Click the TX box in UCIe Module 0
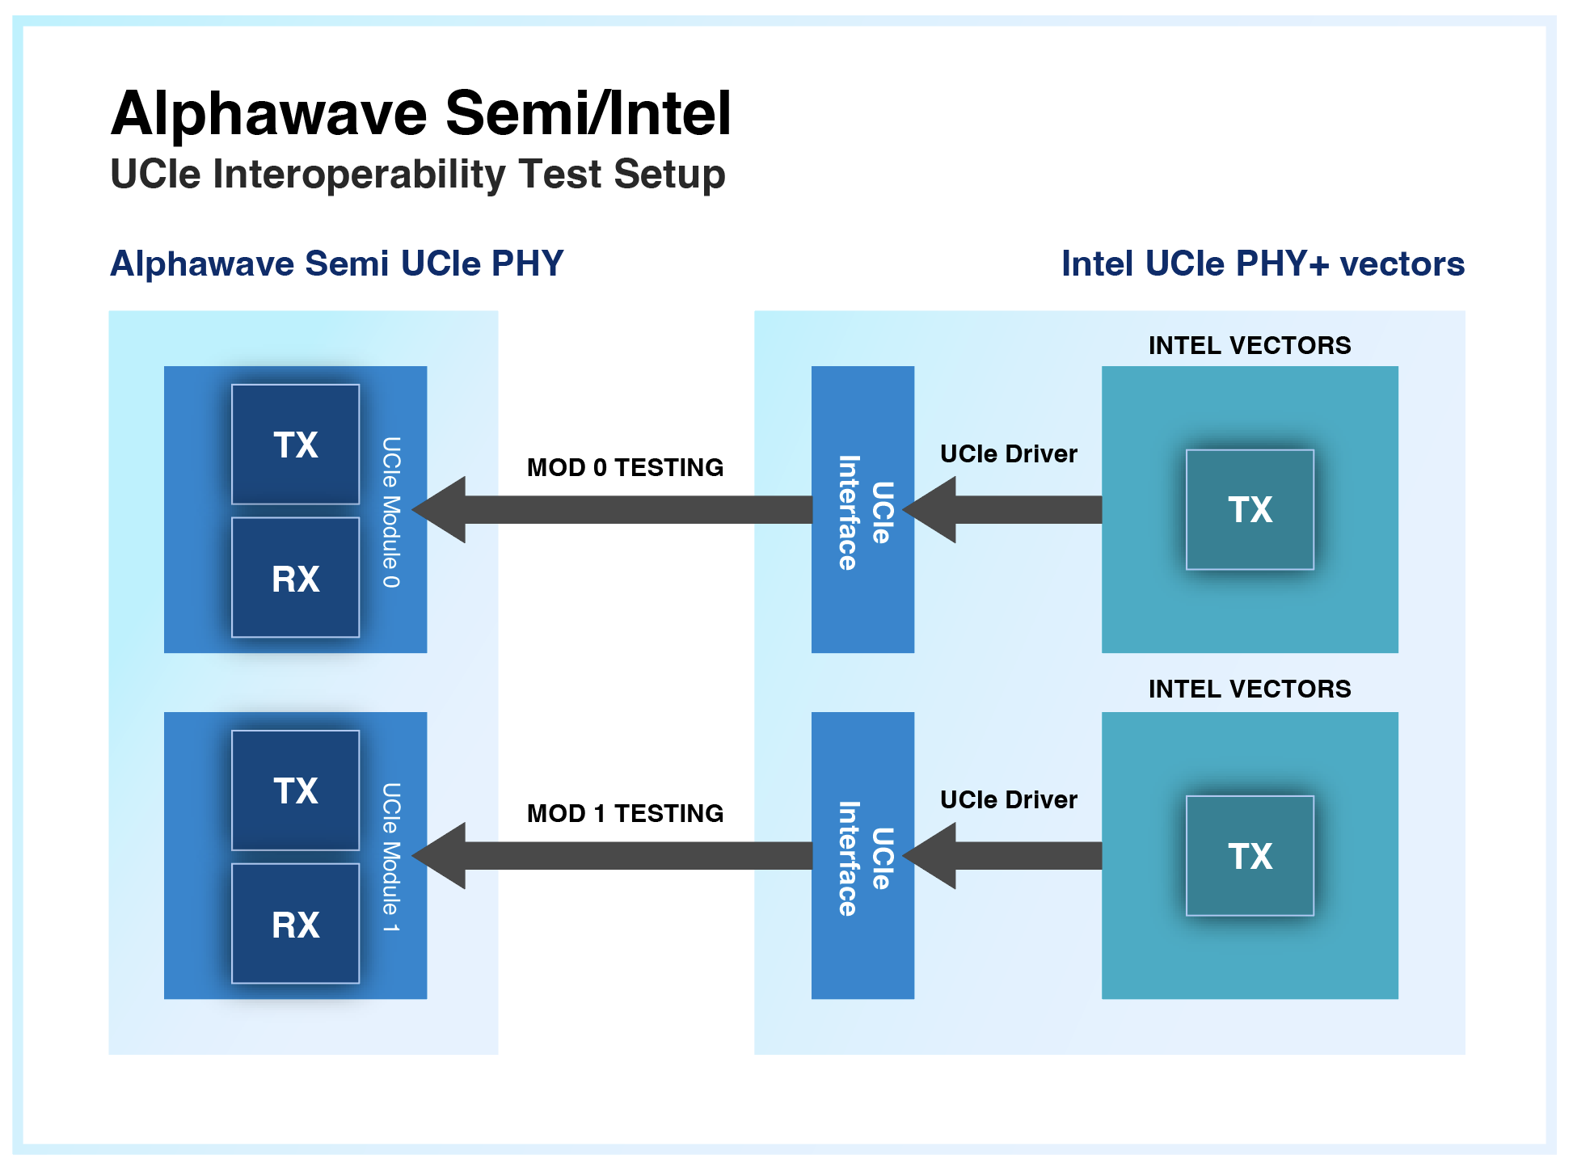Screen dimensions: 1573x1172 click(295, 444)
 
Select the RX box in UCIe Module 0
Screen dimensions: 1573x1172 click(295, 577)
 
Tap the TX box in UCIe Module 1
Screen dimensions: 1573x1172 click(295, 790)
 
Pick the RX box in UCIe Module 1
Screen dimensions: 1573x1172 click(295, 923)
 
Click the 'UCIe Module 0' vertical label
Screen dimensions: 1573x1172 click(391, 512)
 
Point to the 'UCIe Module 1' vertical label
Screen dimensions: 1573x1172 click(391, 858)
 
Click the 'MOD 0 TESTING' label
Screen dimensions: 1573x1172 click(625, 467)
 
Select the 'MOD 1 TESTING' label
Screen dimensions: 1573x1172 click(625, 813)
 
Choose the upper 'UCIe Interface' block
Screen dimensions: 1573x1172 click(862, 509)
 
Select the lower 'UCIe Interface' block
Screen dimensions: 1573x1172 click(862, 855)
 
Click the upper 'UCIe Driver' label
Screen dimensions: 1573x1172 click(1008, 453)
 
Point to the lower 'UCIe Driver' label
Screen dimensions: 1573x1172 click(1008, 799)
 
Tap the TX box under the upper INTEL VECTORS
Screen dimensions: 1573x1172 click(1250, 509)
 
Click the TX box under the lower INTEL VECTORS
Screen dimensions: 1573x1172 click(1250, 855)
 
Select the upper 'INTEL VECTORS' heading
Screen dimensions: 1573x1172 click(1250, 345)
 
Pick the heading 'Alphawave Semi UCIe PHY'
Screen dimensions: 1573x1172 click(336, 263)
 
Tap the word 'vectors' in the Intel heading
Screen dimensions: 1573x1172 click(1402, 264)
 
